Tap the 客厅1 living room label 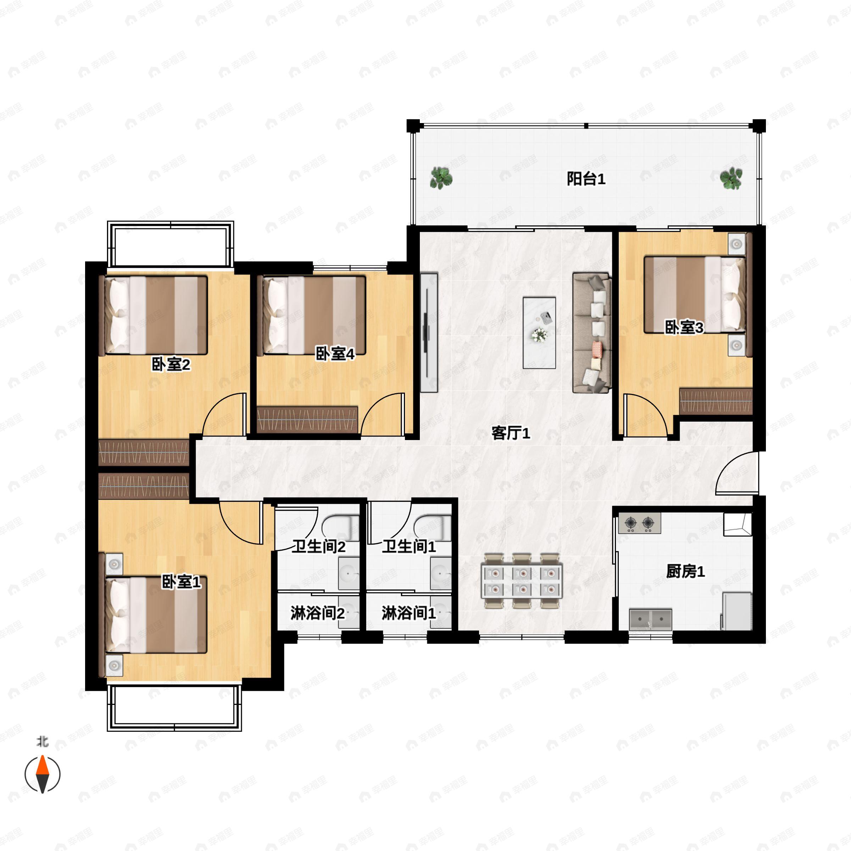click(511, 433)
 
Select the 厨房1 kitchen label click(685, 571)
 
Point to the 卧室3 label click(684, 327)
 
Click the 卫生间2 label click(319, 547)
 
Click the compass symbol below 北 click(42, 774)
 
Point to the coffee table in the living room click(539, 333)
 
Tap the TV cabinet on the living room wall click(429, 333)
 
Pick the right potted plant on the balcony click(731, 178)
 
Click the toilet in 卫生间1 click(432, 527)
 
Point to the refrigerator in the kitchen click(736, 611)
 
